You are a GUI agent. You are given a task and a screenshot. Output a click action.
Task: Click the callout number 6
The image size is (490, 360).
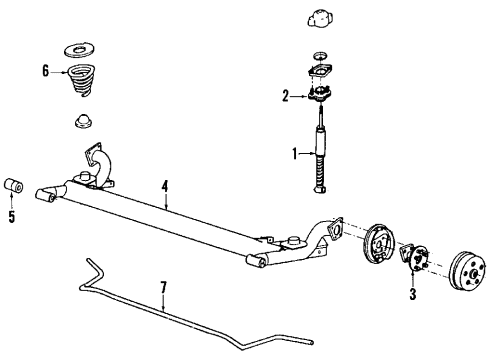pyautogui.click(x=45, y=70)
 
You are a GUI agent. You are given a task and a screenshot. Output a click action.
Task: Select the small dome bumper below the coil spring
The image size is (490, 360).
pyautogui.click(x=79, y=122)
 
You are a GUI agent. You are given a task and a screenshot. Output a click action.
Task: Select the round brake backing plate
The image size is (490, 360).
pyautogui.click(x=378, y=263)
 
